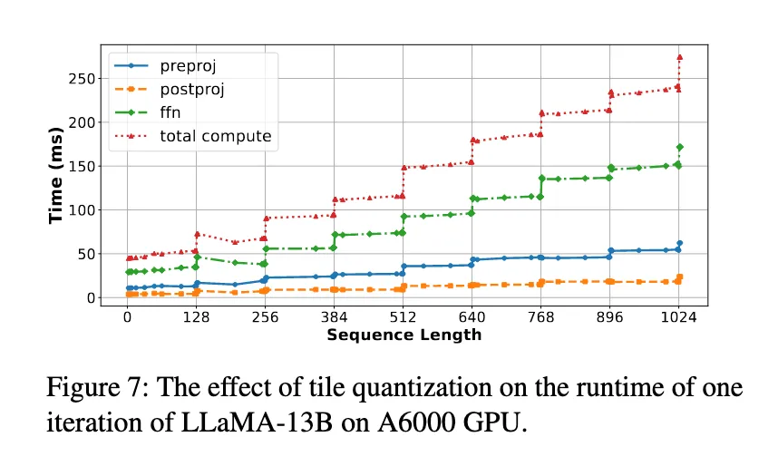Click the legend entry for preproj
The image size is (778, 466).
(188, 66)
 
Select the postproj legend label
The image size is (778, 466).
(192, 90)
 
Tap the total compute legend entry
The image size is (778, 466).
(216, 137)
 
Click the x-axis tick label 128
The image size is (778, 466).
(196, 318)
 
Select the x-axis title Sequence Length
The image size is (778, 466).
(404, 335)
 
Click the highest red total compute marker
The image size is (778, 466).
(679, 57)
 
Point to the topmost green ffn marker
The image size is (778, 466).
(679, 147)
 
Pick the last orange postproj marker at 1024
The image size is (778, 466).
(679, 277)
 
